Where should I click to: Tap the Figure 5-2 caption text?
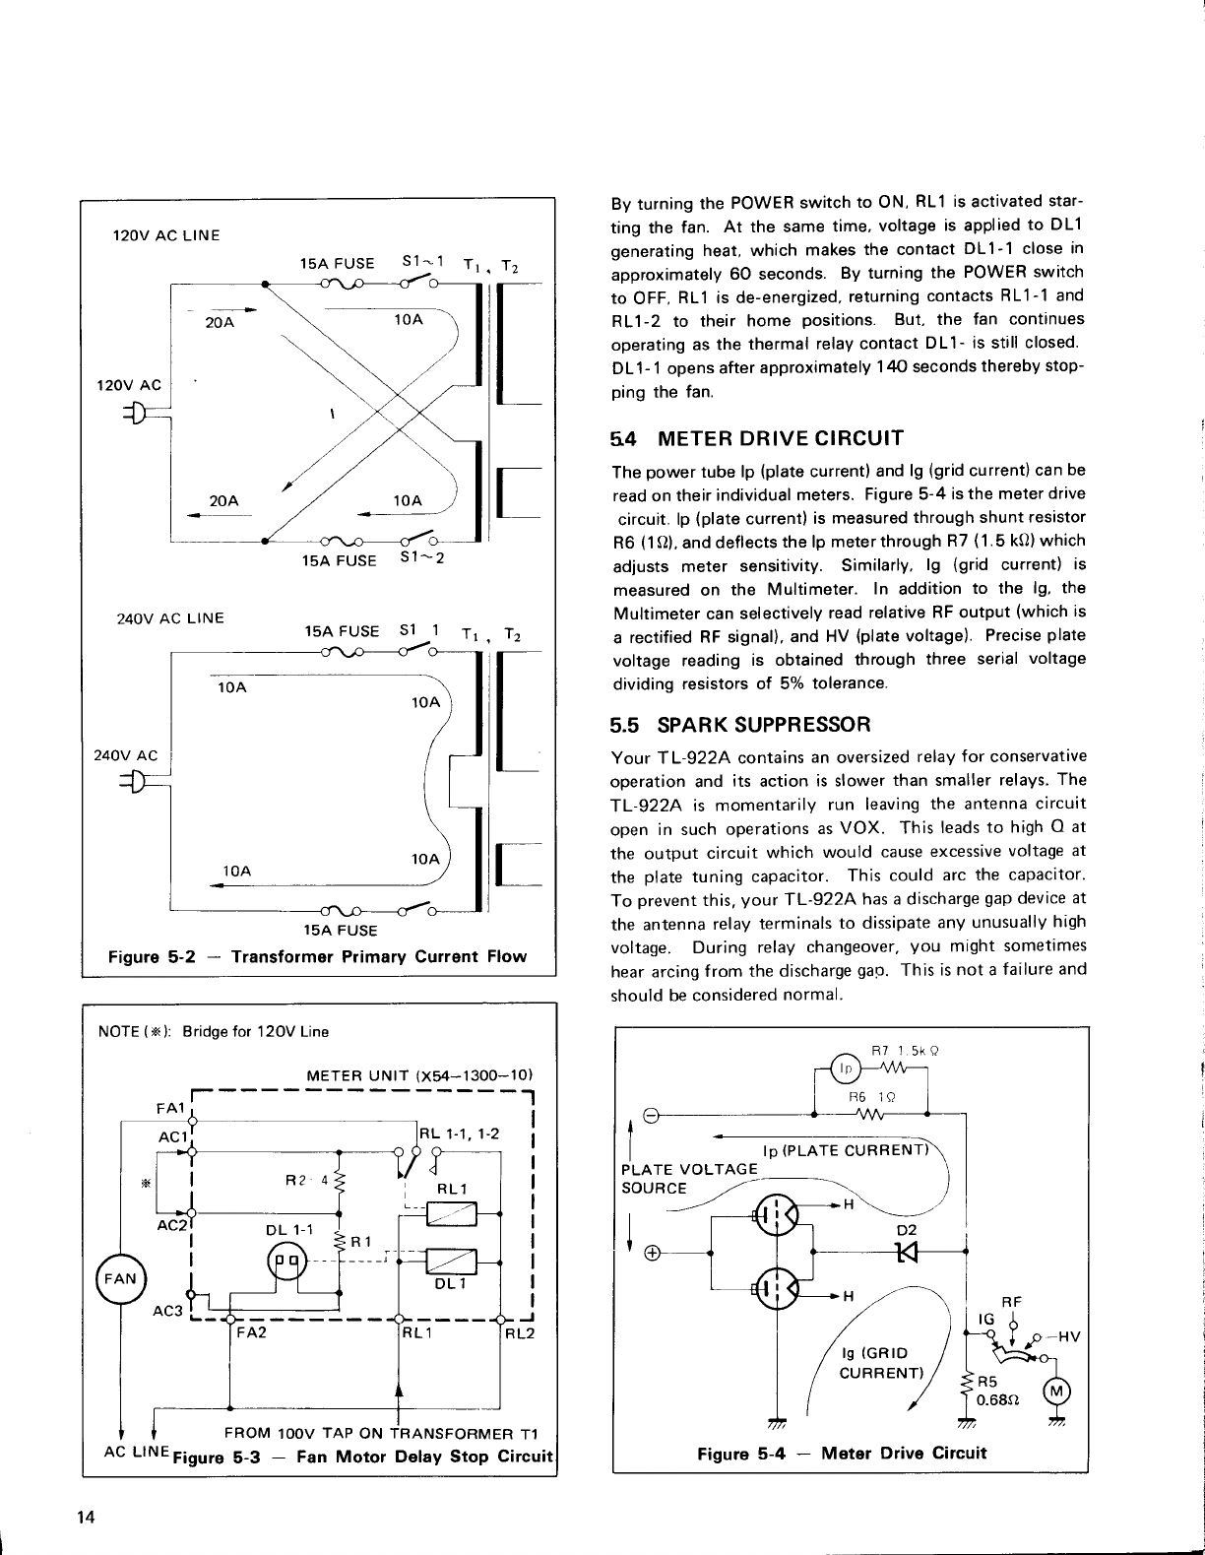(x=317, y=956)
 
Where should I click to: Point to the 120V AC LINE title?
(x=166, y=235)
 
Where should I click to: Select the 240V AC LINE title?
(x=170, y=618)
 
